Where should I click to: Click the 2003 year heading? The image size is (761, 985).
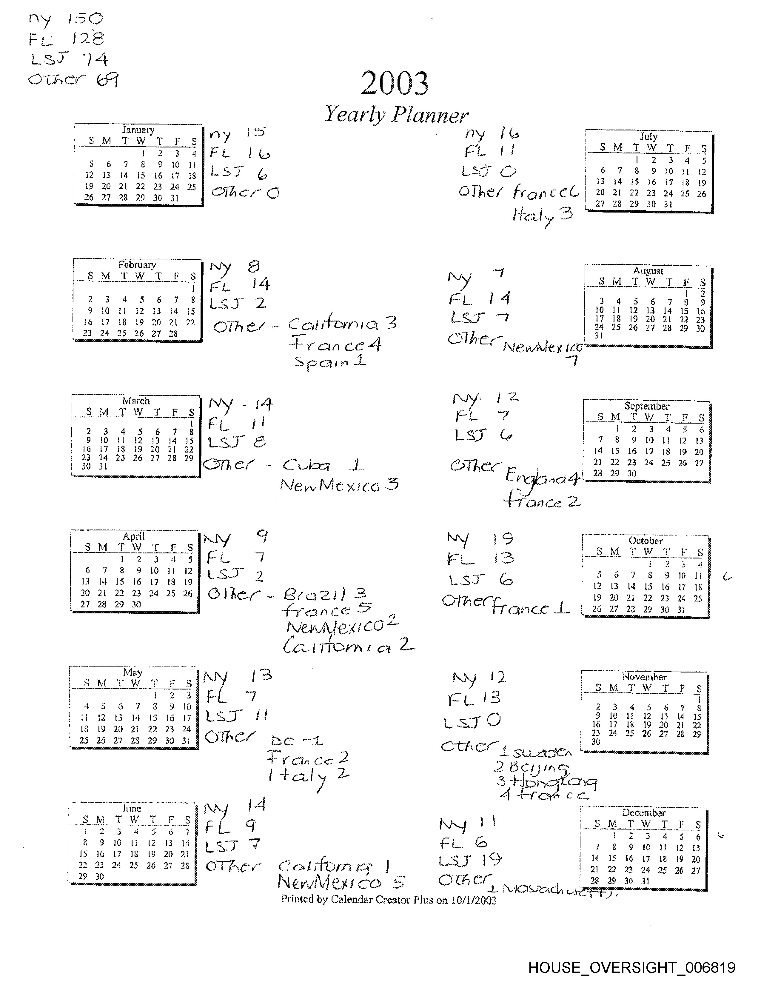(x=395, y=84)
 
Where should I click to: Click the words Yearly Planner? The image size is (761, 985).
(x=396, y=115)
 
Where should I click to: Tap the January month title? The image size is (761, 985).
(x=138, y=130)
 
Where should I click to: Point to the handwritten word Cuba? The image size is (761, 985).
(x=306, y=465)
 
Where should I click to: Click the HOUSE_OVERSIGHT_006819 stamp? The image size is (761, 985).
(x=631, y=967)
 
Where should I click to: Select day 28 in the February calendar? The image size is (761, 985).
(x=173, y=334)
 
